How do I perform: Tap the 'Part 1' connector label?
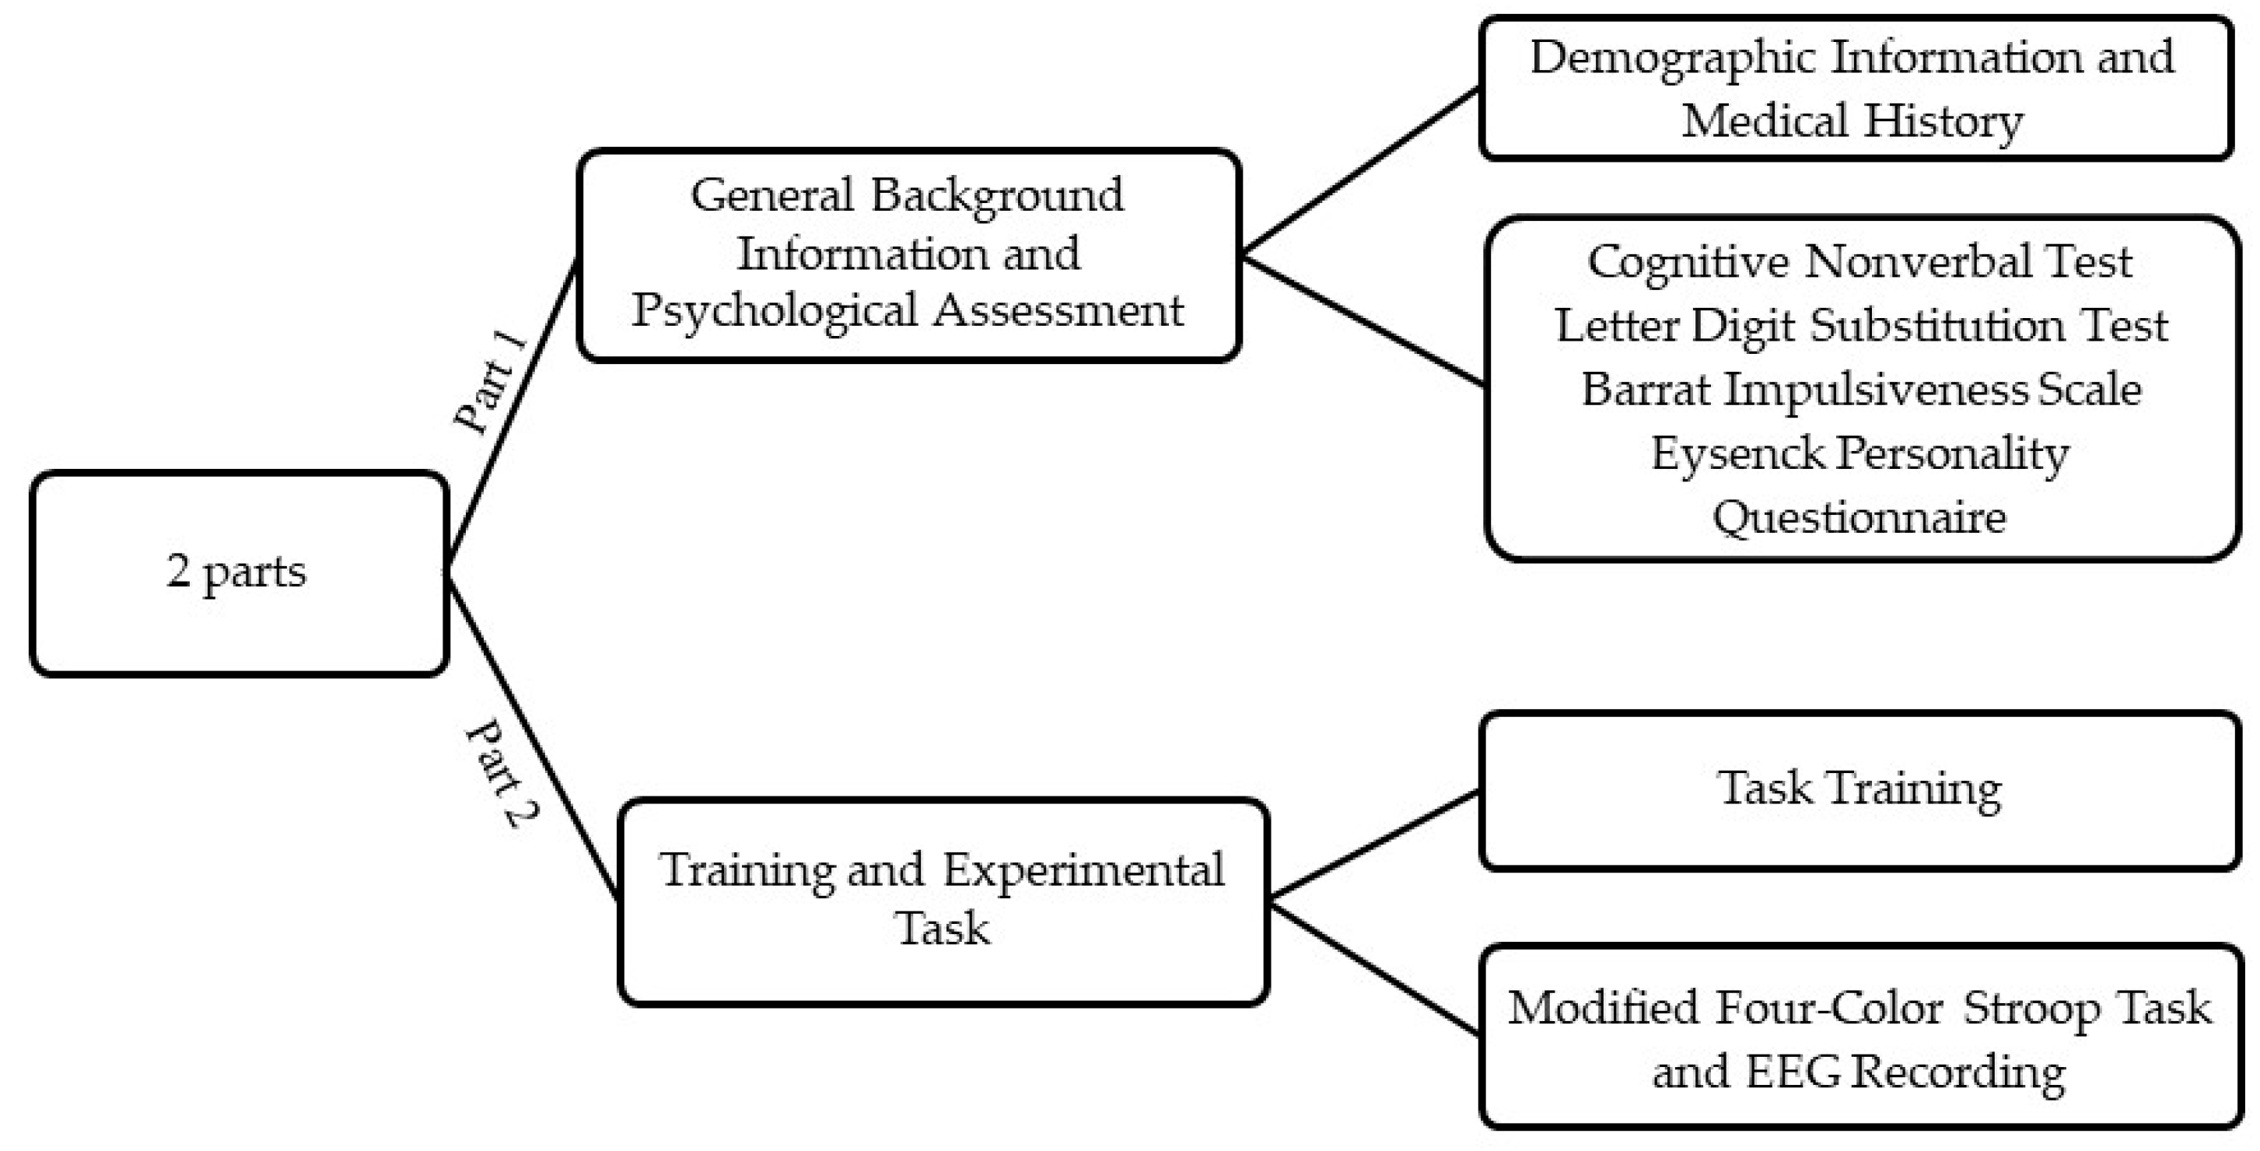coord(492,383)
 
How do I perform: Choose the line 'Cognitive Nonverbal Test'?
coord(1860,261)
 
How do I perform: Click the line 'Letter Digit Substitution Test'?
coord(1860,327)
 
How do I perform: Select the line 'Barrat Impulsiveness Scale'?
coord(1860,390)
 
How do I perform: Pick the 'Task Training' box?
coord(1860,789)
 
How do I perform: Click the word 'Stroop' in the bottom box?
coord(2032,1009)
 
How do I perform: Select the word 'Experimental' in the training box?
coord(1083,871)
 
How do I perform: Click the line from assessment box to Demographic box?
coord(1360,171)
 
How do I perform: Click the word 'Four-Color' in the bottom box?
coord(1828,1009)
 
